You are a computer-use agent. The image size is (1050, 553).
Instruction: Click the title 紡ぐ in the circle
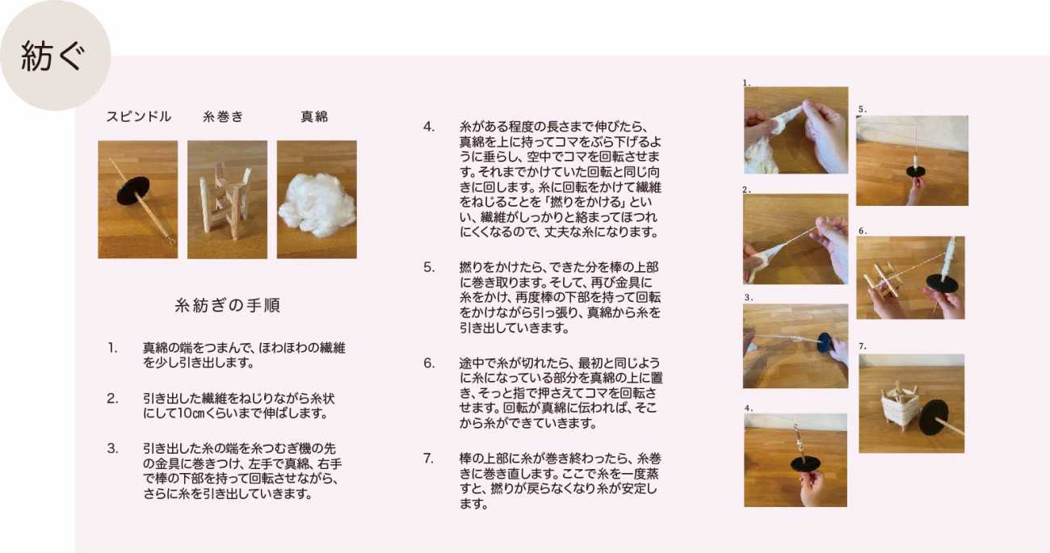click(x=53, y=56)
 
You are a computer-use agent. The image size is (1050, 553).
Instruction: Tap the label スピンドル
click(x=139, y=117)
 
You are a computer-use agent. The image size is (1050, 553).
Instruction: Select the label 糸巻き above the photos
click(x=223, y=117)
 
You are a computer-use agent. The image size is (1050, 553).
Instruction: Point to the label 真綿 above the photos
click(x=314, y=117)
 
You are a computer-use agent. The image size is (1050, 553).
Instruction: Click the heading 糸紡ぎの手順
click(x=227, y=305)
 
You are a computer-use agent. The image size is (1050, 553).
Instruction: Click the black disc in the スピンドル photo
click(x=133, y=191)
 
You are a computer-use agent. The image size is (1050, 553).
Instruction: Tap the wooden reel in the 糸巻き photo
click(x=225, y=202)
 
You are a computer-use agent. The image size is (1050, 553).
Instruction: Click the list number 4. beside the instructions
click(x=429, y=127)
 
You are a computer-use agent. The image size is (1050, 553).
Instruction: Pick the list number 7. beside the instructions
click(x=428, y=459)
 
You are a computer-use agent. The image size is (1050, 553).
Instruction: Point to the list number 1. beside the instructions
click(x=112, y=348)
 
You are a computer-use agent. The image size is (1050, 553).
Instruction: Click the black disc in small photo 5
click(x=914, y=171)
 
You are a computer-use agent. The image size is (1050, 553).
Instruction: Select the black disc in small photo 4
click(x=805, y=464)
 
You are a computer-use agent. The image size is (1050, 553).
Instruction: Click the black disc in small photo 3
click(x=825, y=342)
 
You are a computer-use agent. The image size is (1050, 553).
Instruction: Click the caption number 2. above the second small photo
click(x=747, y=190)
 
